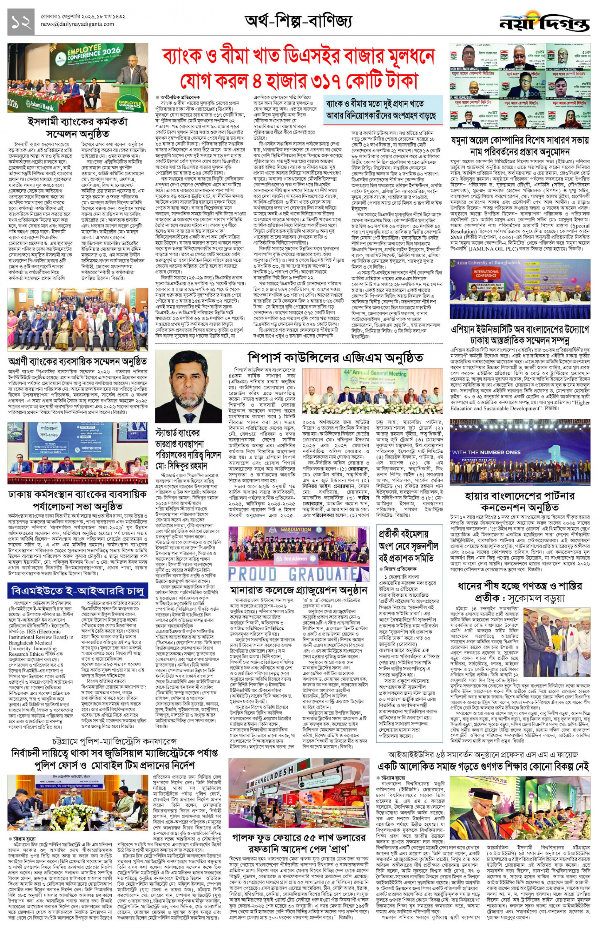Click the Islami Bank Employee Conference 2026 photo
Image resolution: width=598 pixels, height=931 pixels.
click(78, 78)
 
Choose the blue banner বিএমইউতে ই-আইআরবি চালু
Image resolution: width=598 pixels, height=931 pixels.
click(78, 591)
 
